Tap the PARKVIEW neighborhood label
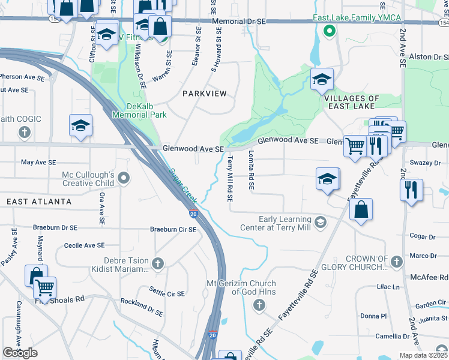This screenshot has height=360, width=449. click(205, 94)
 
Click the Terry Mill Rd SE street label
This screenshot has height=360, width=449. click(230, 179)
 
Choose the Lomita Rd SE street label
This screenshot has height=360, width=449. click(251, 170)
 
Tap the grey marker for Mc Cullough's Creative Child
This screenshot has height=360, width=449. click(124, 178)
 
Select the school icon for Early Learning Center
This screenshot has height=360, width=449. click(321, 223)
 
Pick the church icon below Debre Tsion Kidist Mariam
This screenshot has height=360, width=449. click(157, 263)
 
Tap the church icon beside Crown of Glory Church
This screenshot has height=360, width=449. click(396, 262)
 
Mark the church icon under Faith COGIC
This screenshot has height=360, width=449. click(25, 131)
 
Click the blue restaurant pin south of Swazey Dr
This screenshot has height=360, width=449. click(411, 190)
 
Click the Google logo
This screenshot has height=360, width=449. click(20, 353)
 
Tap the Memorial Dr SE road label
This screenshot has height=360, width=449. click(238, 22)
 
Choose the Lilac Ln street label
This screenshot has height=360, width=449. click(388, 287)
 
